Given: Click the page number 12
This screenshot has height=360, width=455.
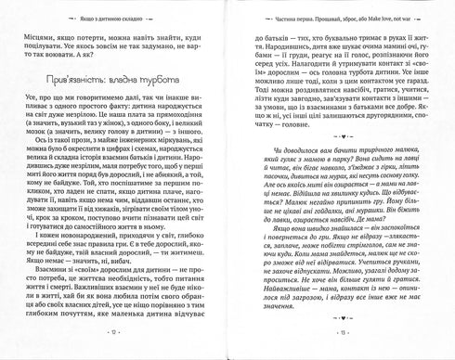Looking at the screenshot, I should [114, 345].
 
